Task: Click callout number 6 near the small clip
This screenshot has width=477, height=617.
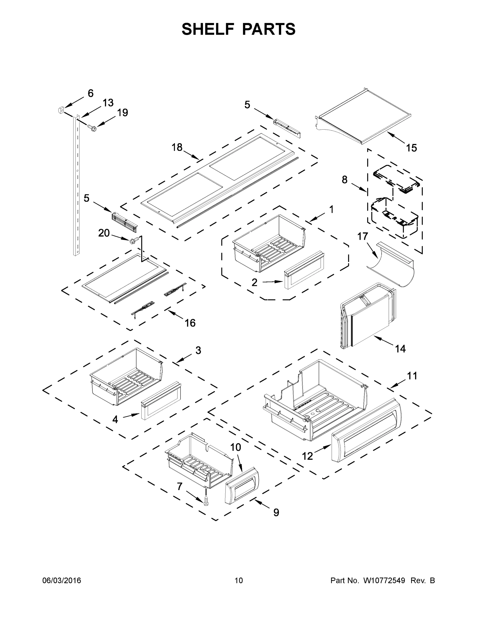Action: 91,93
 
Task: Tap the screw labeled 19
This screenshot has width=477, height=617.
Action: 92,128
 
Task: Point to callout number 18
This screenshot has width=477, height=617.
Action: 177,147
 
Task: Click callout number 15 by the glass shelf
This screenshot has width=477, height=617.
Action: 411,148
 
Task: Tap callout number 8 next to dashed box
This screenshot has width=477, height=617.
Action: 345,179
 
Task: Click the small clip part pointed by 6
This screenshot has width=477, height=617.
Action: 60,110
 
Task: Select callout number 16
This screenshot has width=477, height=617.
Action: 190,323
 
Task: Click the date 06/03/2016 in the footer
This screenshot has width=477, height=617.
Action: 62,580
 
